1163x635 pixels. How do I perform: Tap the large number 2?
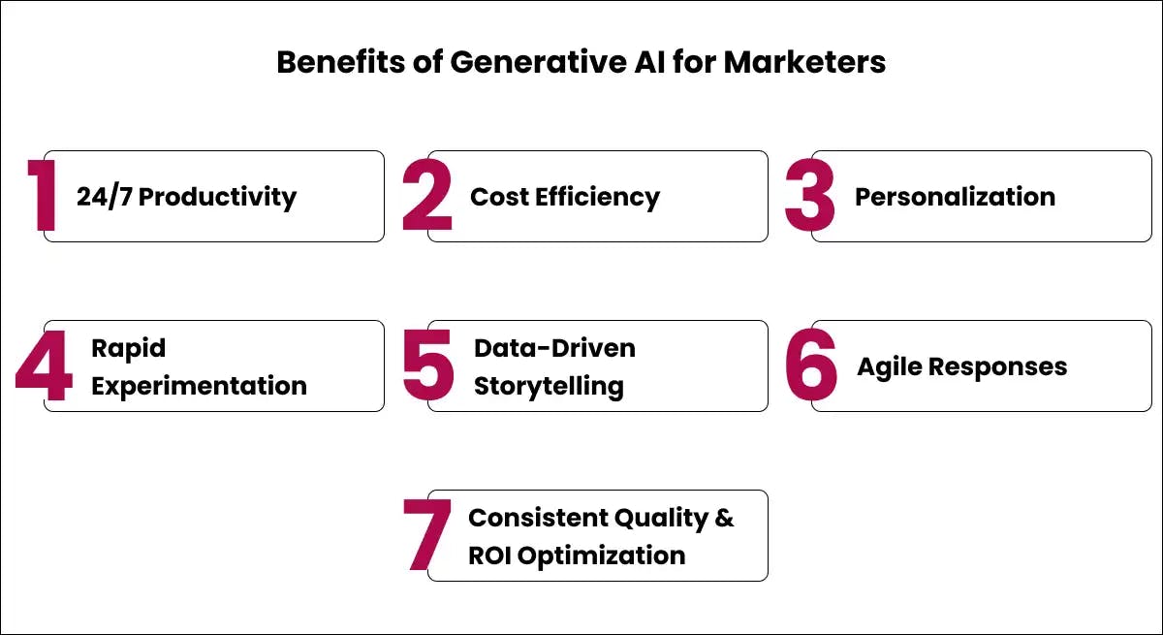(x=427, y=195)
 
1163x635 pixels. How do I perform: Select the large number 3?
(x=810, y=195)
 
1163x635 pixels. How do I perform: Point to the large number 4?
(x=45, y=365)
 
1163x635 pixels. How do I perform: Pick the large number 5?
(x=428, y=365)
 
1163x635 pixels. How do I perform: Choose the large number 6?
(x=811, y=365)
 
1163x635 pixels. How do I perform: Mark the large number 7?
(x=427, y=535)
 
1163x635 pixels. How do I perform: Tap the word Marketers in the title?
(x=804, y=62)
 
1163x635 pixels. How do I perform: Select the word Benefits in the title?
(x=340, y=62)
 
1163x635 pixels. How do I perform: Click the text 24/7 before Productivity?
(x=105, y=197)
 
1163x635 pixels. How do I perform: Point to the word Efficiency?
(x=597, y=198)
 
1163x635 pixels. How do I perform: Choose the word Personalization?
(x=955, y=198)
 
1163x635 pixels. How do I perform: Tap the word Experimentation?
(x=199, y=387)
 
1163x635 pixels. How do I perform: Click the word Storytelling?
(x=549, y=387)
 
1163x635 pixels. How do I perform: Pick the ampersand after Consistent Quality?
(x=724, y=518)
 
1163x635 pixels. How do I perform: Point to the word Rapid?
(x=128, y=349)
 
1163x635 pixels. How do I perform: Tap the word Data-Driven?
(x=554, y=348)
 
